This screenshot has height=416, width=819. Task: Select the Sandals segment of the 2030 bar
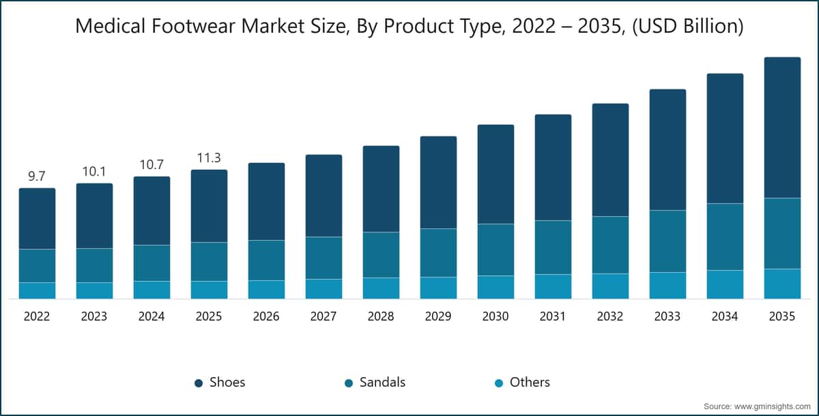(x=495, y=250)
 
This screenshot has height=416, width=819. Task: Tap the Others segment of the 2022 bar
(x=37, y=291)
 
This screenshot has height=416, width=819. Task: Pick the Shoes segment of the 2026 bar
(x=266, y=201)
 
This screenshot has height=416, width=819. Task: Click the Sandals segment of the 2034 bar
(x=725, y=237)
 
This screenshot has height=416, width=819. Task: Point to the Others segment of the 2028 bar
(x=381, y=288)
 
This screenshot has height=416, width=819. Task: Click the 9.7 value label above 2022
(x=37, y=177)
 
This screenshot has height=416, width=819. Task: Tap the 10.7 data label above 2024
(x=152, y=164)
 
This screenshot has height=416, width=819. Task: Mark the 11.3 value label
(x=209, y=158)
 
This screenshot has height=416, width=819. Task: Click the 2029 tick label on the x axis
(x=438, y=317)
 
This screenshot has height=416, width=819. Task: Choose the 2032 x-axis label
(x=610, y=317)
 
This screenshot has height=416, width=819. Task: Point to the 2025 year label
(x=209, y=317)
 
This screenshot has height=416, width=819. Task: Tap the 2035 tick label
(x=782, y=317)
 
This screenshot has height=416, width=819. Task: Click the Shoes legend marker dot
(x=199, y=383)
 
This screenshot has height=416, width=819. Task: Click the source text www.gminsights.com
(x=770, y=406)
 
